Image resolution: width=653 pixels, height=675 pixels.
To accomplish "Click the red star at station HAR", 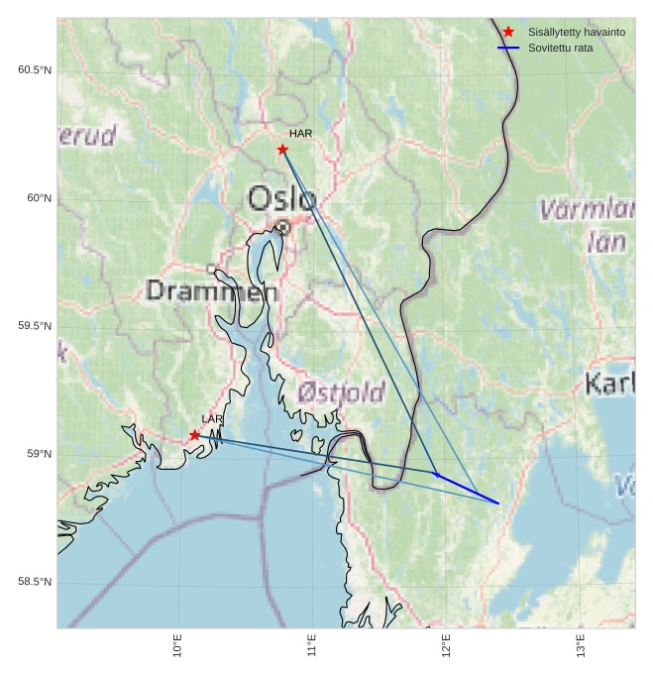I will point(282,150).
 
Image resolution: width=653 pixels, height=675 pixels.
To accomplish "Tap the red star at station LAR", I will point(194,435).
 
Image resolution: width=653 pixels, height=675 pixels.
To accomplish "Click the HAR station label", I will point(300,134).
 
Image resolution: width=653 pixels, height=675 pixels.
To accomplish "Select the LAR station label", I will point(212,419).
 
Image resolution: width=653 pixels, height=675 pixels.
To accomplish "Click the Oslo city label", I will point(281,199).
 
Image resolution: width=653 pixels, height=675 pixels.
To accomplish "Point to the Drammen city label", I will point(212,291).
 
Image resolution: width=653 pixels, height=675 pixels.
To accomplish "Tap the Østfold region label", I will point(341,394).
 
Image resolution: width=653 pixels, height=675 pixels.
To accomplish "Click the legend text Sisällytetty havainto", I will point(577,33).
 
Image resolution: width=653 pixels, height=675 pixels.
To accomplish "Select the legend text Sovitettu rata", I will point(561,48).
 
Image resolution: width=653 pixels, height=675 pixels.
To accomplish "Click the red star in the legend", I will point(508,33).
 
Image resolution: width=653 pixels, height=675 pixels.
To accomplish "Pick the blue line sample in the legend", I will point(508,48).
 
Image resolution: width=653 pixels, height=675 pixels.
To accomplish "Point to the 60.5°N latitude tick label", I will point(35,70).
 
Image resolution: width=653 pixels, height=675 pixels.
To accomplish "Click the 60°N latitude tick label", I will point(41,198).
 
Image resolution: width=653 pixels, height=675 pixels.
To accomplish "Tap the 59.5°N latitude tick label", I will point(35,327).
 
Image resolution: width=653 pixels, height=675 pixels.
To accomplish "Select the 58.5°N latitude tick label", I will point(35,582).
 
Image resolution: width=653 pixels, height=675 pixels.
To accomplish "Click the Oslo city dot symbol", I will point(282,227).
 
